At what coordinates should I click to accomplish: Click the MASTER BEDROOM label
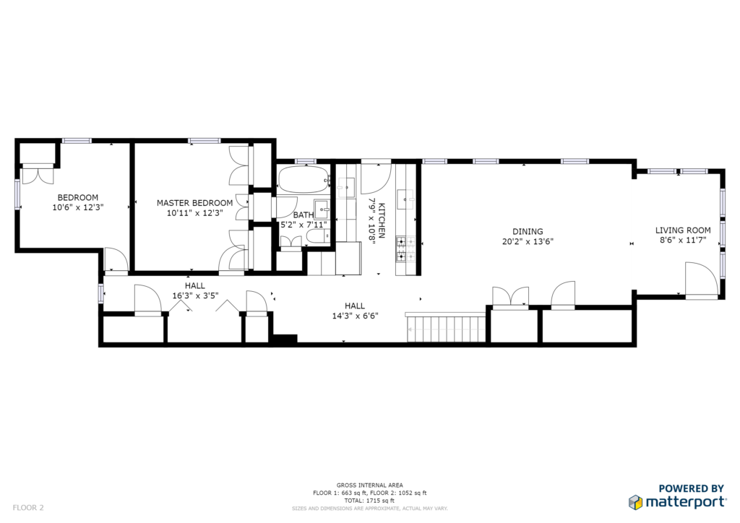[x=194, y=203]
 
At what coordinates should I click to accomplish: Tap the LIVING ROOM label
[x=682, y=230]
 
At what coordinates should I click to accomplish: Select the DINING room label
[x=528, y=232]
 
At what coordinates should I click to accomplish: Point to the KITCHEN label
[x=382, y=220]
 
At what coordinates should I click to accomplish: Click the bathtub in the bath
[x=303, y=179]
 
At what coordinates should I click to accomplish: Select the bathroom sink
[x=322, y=209]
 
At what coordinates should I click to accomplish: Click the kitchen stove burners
[x=405, y=249]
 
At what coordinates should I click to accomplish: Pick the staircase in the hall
[x=446, y=328]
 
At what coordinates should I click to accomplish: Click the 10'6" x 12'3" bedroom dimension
[x=78, y=207]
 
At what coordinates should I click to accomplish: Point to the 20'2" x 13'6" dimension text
[x=528, y=241]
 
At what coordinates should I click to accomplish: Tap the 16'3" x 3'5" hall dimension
[x=195, y=295]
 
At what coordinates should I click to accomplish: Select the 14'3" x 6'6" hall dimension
[x=355, y=316]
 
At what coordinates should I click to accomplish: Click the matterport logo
[x=677, y=502]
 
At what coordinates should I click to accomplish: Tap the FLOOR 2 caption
[x=28, y=507]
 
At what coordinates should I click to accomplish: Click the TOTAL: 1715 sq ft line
[x=369, y=501]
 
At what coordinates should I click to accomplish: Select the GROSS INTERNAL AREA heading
[x=369, y=485]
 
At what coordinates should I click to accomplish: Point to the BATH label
[x=303, y=215]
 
